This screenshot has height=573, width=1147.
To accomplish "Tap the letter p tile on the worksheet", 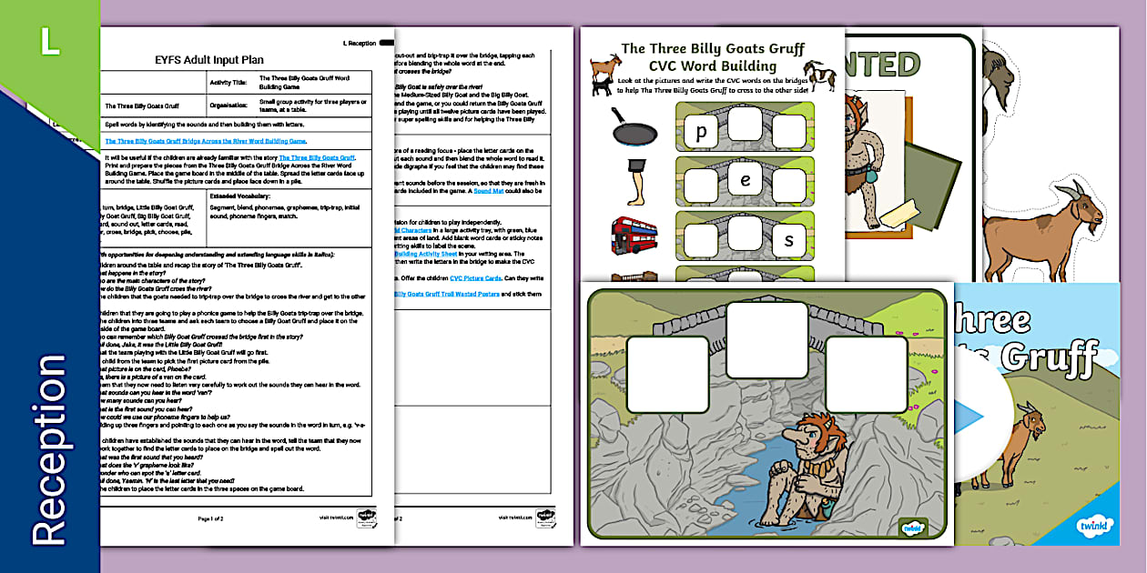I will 701,132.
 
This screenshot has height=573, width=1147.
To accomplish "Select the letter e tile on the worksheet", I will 745,180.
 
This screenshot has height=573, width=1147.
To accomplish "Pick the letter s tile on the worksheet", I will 788,239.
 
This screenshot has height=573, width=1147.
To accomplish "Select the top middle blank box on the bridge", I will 766,339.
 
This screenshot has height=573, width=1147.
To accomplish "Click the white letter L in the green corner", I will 48,43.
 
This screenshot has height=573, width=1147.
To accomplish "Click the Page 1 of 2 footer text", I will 211,518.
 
